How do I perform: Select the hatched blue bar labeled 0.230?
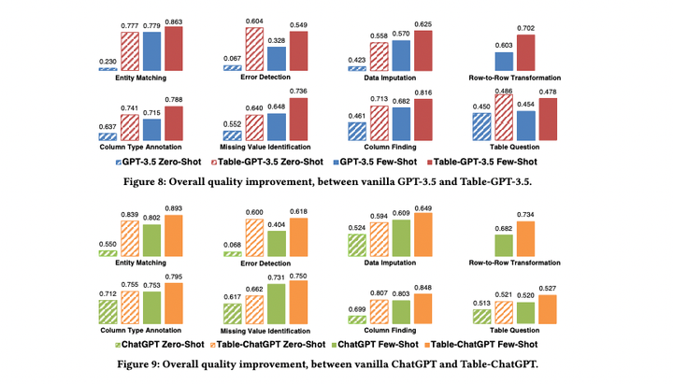(x=107, y=68)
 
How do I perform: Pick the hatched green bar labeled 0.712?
(x=107, y=311)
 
